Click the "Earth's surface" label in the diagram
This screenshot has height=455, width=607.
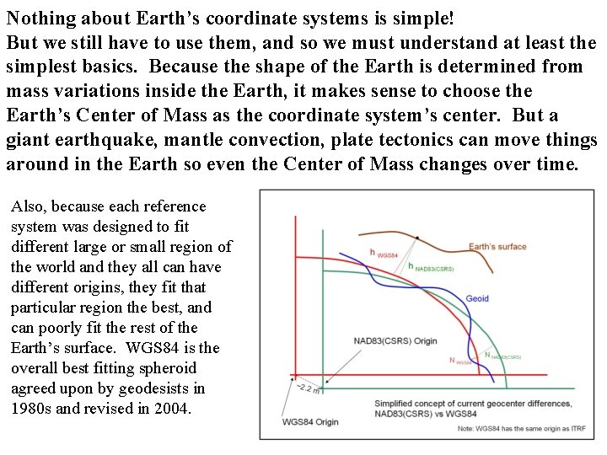(x=497, y=247)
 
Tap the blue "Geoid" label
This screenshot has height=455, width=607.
(x=477, y=298)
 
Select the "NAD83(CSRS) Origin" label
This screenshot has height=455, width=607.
(x=396, y=341)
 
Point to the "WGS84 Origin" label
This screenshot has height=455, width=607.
(x=310, y=421)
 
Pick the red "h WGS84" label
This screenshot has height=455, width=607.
(x=384, y=252)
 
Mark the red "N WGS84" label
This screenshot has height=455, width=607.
(x=460, y=361)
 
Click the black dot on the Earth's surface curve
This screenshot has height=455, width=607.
(x=416, y=238)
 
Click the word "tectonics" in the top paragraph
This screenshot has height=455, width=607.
(x=432, y=140)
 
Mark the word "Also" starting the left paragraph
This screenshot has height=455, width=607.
(x=26, y=206)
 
